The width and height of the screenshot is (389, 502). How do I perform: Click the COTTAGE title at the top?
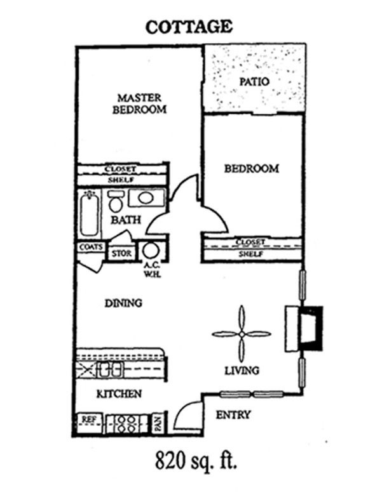(189, 27)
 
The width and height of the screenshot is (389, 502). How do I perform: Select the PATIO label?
(254, 82)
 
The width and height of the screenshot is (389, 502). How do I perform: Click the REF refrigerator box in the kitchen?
(88, 419)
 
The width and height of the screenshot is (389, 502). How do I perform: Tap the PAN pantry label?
(159, 421)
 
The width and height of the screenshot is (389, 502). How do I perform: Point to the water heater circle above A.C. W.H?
(151, 250)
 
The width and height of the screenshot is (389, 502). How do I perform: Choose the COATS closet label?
(91, 247)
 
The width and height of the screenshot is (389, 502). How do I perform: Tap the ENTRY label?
(233, 415)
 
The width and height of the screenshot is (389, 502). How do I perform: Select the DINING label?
(123, 303)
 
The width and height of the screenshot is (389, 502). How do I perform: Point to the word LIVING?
(242, 370)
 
